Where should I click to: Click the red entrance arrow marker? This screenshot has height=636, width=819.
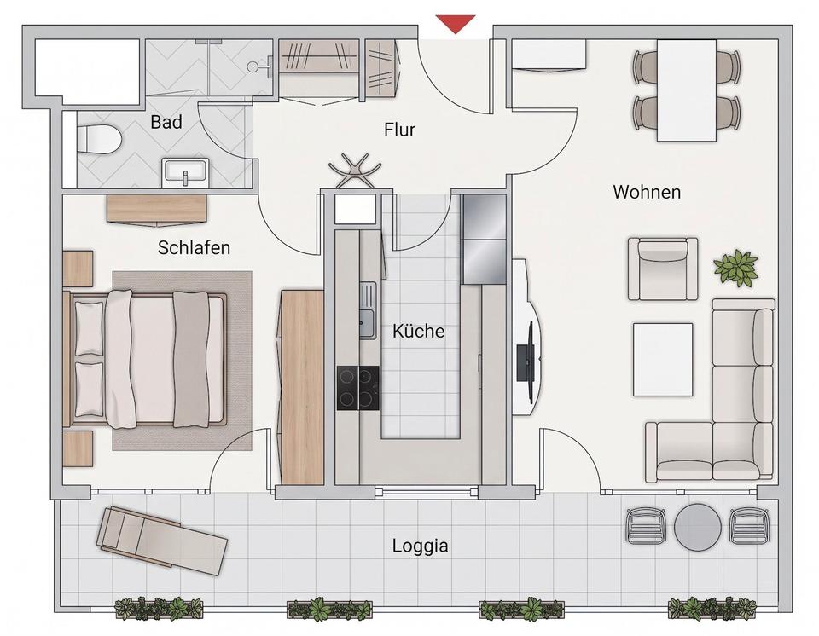pyautogui.click(x=456, y=23)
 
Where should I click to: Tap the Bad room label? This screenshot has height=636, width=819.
pyautogui.click(x=166, y=122)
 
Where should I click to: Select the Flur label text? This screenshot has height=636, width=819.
pyautogui.click(x=399, y=130)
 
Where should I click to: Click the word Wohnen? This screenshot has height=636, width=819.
pyautogui.click(x=647, y=192)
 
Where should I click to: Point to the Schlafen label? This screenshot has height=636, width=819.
pyautogui.click(x=194, y=247)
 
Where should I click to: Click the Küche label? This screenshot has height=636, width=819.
pyautogui.click(x=418, y=331)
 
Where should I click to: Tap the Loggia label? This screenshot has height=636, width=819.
pyautogui.click(x=420, y=546)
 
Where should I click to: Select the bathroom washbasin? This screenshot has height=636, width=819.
pyautogui.click(x=185, y=172)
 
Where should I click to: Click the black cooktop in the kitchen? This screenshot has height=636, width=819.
pyautogui.click(x=357, y=387)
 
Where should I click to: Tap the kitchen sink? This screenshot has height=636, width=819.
pyautogui.click(x=367, y=309)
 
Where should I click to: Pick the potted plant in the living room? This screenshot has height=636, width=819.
pyautogui.click(x=736, y=268)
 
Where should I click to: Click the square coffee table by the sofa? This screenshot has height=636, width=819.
pyautogui.click(x=664, y=360)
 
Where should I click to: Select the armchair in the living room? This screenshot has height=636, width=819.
pyautogui.click(x=663, y=269)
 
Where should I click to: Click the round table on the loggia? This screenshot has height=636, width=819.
pyautogui.click(x=698, y=526)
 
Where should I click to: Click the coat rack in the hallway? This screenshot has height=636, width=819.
pyautogui.click(x=355, y=171)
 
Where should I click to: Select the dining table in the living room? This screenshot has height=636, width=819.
pyautogui.click(x=686, y=90)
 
